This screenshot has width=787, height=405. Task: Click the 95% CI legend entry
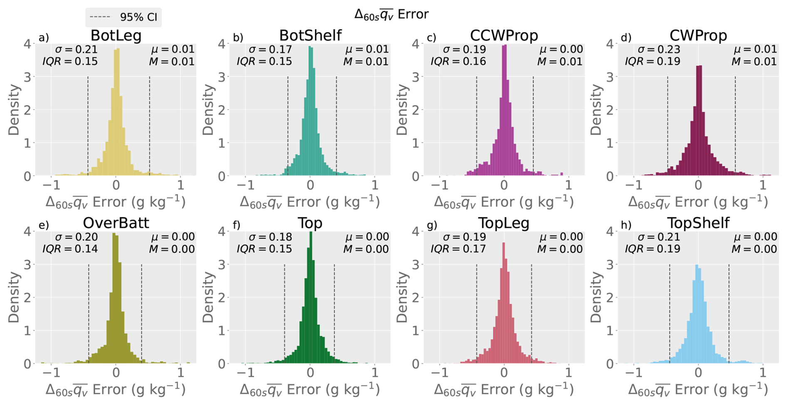tap(124, 17)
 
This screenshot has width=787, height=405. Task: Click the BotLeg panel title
tap(116, 36)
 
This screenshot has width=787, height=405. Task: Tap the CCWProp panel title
tap(504, 36)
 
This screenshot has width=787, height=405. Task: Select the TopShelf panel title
tap(698, 223)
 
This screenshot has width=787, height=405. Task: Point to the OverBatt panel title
tap(116, 223)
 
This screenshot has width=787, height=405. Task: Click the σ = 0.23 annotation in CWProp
tap(659, 49)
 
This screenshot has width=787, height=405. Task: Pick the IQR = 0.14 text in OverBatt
tap(70, 249)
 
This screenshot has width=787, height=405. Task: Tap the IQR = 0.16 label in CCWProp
tap(458, 62)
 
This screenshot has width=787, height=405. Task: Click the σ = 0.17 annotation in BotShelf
tap(270, 49)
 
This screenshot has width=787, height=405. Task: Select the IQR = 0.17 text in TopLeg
tap(458, 249)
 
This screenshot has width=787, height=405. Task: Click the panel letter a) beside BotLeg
tap(44, 38)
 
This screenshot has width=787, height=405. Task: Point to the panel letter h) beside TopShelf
tap(626, 225)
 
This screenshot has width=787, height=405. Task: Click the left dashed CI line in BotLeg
tap(88, 126)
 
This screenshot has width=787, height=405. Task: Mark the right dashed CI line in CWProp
tap(735, 126)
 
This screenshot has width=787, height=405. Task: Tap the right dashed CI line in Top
tap(334, 314)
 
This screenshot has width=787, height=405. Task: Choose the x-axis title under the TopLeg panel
tap(504, 390)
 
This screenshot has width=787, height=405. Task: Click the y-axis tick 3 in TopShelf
tap(610, 264)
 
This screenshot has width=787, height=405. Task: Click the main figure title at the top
tap(391, 15)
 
